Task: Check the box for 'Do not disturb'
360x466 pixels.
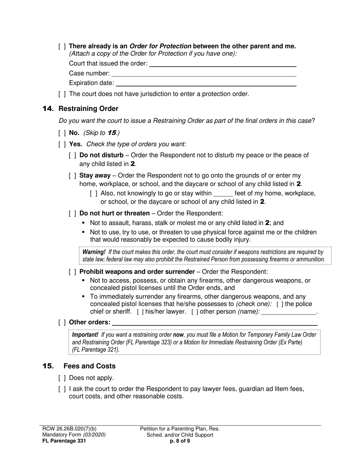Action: pos(72,155)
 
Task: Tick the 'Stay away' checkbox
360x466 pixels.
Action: pos(72,176)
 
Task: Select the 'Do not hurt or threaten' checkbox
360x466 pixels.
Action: pos(72,213)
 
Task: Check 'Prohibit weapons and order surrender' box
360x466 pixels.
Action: pos(72,272)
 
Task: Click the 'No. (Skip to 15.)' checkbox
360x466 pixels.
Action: pos(62,133)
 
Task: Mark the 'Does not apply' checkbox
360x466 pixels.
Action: pos(62,378)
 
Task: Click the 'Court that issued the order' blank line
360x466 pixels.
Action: pos(222,64)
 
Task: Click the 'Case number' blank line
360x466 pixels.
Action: pos(204,74)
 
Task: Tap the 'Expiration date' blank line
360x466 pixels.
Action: pos(206,83)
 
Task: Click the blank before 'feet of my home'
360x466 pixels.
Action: pos(223,194)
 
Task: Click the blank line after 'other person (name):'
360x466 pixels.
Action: pos(289,312)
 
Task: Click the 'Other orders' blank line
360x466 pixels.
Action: pos(215,323)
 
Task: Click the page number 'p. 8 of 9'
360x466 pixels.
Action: pos(180,441)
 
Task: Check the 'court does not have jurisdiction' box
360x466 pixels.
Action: pos(62,94)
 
